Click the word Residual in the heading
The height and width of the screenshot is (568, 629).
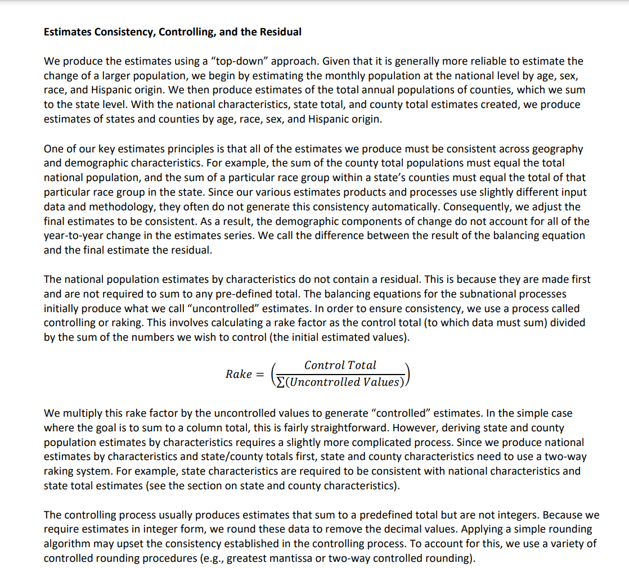(x=280, y=32)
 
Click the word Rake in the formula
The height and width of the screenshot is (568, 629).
(x=239, y=374)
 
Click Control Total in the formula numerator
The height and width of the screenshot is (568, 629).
(x=340, y=365)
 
